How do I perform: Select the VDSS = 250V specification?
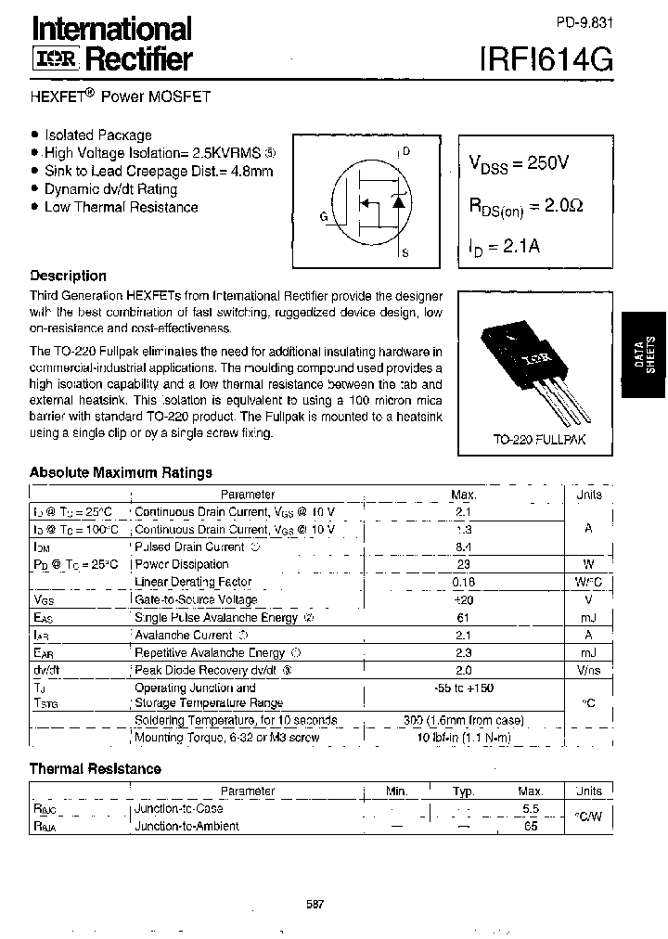click(520, 164)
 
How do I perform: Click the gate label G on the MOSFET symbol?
click(324, 216)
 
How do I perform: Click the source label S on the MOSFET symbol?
click(405, 252)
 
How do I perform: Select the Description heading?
click(68, 276)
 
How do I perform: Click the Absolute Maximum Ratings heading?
click(121, 472)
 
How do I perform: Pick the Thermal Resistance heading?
click(95, 768)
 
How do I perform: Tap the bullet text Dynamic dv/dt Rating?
click(110, 189)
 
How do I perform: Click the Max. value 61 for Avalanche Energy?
click(464, 617)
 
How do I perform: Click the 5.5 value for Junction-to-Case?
click(531, 808)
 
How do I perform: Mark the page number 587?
click(314, 905)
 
